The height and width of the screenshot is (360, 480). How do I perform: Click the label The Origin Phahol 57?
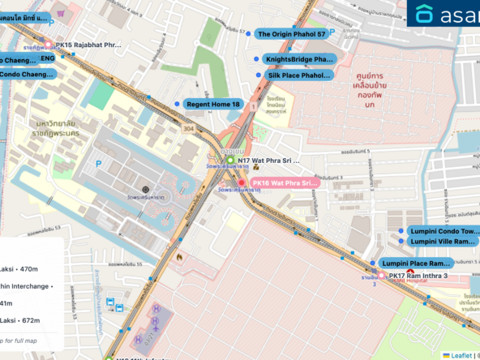coord(292,34)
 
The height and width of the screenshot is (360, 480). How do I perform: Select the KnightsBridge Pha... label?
coord(299,60)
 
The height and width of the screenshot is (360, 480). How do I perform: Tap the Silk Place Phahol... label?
coord(299,75)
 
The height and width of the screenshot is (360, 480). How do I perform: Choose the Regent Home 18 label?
coord(213,105)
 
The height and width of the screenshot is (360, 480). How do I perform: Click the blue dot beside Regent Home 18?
coord(178,105)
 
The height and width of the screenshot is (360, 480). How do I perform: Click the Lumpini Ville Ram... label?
coord(442,242)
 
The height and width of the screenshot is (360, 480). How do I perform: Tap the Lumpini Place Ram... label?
coord(416,264)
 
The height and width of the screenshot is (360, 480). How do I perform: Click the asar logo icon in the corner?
coord(425,14)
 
